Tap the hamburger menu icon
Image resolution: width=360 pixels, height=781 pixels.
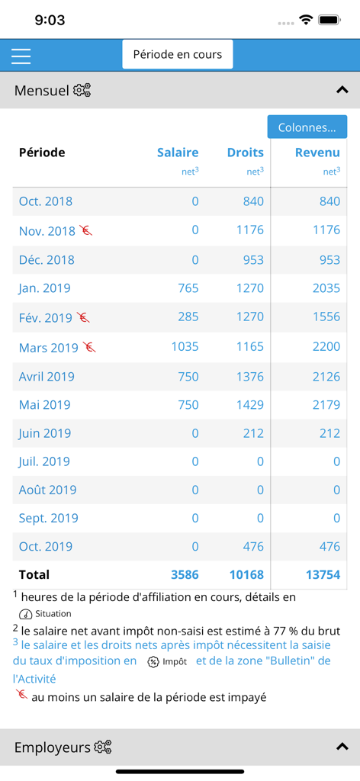coord(21,56)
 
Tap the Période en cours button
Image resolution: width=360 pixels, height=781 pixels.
coord(178,55)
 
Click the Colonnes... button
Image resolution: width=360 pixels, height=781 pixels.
coord(307,127)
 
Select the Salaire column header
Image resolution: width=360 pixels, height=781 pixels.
coord(178,153)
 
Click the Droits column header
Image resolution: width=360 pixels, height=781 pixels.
coord(245,153)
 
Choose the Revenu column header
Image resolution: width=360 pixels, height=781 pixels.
coord(317,153)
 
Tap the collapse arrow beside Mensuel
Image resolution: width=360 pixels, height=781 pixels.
coord(342,91)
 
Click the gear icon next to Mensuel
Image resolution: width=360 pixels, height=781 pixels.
coord(82,91)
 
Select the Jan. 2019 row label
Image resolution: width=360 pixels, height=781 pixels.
coord(45,288)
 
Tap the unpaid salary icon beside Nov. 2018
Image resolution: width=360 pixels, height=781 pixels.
coord(86,230)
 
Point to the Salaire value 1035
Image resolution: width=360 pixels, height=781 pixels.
coord(185,346)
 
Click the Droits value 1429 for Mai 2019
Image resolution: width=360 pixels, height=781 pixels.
coord(249,404)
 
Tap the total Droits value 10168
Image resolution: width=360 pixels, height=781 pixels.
coord(246,574)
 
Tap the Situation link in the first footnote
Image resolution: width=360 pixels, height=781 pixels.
coord(46,614)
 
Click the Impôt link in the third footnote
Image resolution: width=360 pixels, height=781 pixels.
coord(167,662)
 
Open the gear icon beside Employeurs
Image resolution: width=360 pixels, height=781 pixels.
coord(103,747)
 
